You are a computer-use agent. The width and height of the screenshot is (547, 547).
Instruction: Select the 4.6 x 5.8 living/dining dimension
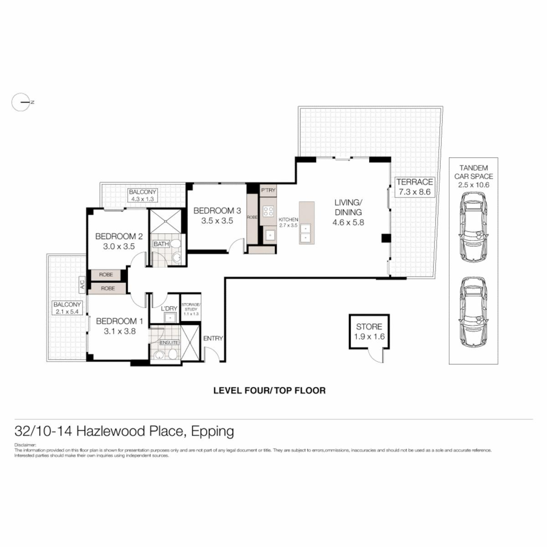point(348,223)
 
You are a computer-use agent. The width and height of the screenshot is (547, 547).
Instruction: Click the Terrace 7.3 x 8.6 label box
point(415,187)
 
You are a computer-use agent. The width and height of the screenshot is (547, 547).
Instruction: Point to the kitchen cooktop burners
point(268,211)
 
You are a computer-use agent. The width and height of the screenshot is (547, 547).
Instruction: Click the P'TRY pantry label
point(268,190)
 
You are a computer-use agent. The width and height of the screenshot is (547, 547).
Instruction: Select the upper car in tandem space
point(473,227)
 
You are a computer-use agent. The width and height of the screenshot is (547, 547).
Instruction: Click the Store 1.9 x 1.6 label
point(369,332)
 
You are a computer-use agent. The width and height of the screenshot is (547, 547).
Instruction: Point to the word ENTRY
point(213,338)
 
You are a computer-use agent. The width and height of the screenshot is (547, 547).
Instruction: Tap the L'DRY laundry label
point(169,309)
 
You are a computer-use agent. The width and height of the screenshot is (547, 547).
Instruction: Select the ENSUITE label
point(169,342)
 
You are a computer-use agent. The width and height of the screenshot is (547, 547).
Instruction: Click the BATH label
point(161,244)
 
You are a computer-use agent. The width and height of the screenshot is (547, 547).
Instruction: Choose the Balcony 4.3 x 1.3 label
point(142,195)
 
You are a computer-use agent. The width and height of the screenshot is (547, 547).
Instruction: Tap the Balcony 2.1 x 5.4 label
point(67,308)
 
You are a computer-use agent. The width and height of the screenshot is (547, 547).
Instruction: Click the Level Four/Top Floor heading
point(270,390)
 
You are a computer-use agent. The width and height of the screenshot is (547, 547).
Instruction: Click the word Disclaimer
point(25,445)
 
